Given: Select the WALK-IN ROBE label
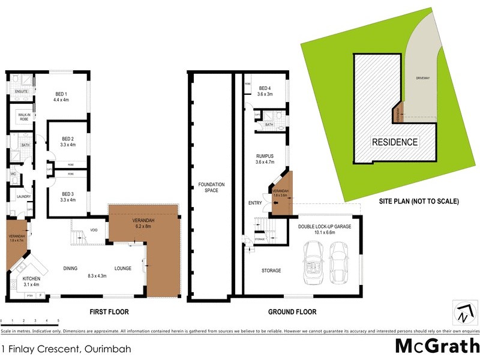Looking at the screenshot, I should pos(25,116).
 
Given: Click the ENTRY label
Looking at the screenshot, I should pos(255,203).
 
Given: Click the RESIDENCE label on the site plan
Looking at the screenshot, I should pos(395,142).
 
